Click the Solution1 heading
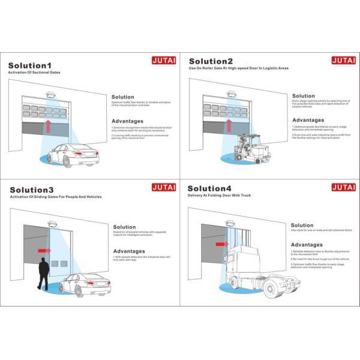(x=30, y=65)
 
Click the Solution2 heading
(x=212, y=61)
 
